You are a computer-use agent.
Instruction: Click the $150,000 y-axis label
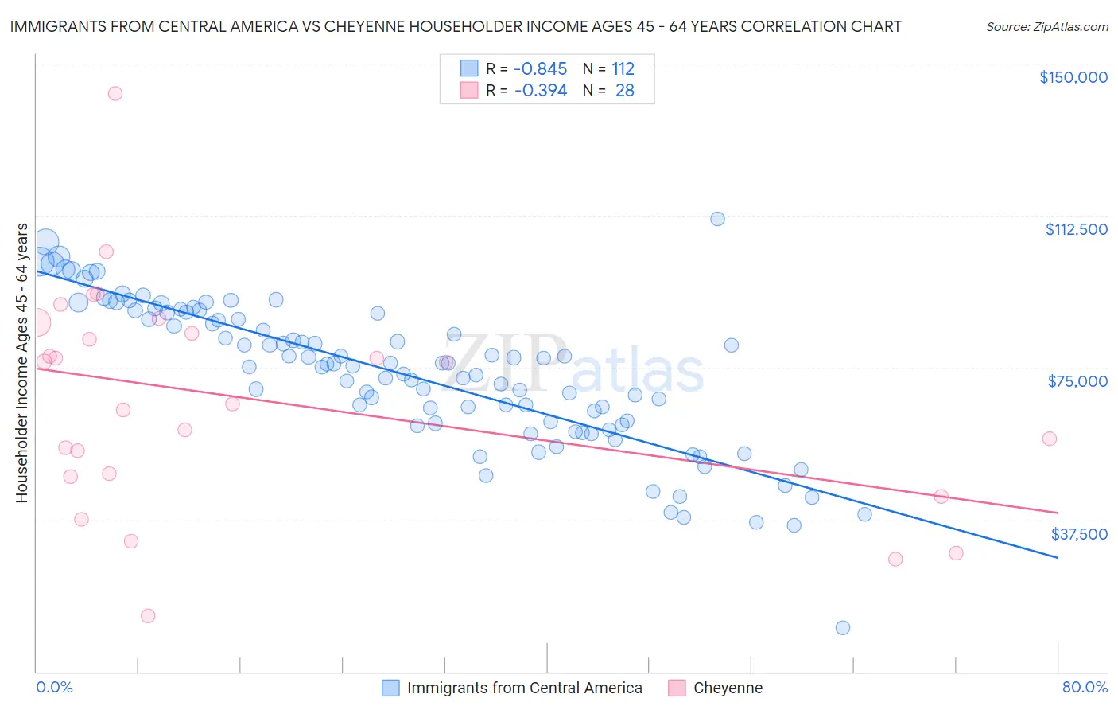click(1073, 77)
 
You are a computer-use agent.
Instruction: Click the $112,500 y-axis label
click(1076, 229)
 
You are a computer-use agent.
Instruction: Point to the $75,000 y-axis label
click(1077, 381)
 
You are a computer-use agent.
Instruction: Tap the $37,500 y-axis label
click(1079, 534)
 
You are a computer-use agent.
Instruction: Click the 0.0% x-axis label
click(54, 687)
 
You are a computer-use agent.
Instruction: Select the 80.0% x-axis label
click(1085, 687)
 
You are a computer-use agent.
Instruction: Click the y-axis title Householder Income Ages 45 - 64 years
click(21, 363)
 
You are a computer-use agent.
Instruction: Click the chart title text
click(456, 26)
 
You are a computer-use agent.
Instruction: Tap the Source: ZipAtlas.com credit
click(1046, 26)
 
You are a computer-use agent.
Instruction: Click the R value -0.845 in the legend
click(540, 69)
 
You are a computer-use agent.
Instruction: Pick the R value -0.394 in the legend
click(540, 91)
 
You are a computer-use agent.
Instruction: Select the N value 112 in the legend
click(623, 69)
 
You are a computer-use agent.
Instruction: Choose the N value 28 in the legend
click(624, 91)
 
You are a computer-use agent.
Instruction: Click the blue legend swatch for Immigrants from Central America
click(390, 688)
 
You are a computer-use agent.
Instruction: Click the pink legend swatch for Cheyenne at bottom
click(677, 688)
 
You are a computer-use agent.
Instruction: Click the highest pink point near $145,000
click(115, 93)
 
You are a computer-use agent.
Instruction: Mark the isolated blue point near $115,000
click(717, 219)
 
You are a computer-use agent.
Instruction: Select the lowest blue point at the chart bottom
click(843, 628)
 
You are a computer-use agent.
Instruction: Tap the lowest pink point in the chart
click(148, 616)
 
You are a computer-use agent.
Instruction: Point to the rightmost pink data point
click(1050, 439)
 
